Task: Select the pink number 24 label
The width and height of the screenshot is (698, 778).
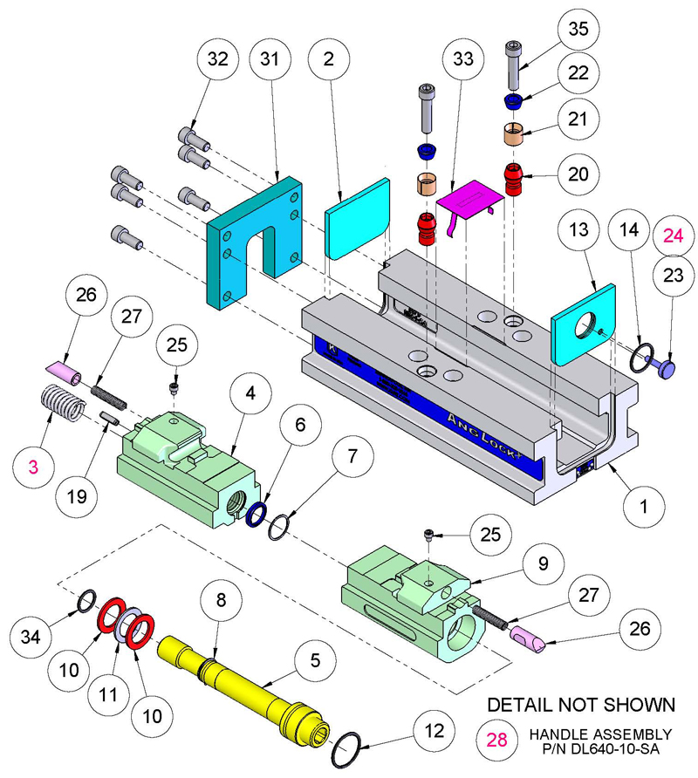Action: (x=673, y=235)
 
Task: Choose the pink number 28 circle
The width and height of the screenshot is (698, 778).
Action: (x=496, y=740)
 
